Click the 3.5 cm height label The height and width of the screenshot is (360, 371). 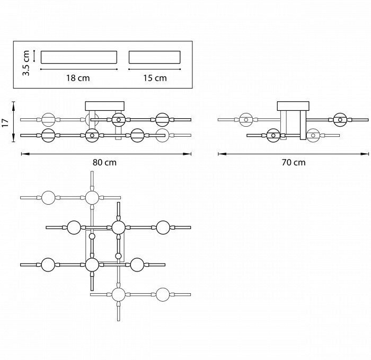25,63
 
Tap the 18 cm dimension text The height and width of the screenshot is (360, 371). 78,78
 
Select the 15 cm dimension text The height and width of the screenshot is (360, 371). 155,78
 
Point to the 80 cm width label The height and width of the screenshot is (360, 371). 104,163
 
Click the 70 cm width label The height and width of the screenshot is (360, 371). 293,163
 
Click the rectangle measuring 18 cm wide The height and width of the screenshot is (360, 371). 78,57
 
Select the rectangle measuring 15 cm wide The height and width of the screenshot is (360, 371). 154,57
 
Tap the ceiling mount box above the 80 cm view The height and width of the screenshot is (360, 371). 104,106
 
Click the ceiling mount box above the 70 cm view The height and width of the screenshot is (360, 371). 293,106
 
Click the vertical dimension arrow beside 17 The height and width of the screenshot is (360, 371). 14,122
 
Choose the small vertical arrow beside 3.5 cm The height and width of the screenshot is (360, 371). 34,56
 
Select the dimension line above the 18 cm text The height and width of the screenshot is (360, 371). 78,68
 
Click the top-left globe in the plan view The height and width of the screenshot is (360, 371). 48,198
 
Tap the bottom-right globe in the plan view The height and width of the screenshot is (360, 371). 163,294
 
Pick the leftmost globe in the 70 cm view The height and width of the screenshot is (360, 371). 245,119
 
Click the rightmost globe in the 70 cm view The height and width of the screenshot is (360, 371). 340,119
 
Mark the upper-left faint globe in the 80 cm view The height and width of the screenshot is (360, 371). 48,119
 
